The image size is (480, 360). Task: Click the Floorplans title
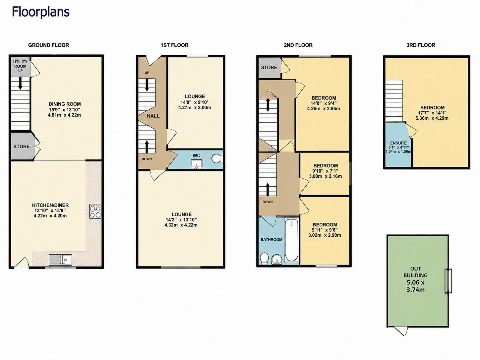pyautogui.click(x=41, y=12)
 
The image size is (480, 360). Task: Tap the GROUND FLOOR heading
pyautogui.click(x=48, y=45)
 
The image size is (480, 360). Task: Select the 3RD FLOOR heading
pyautogui.click(x=421, y=45)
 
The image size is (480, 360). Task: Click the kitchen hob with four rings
pyautogui.click(x=95, y=211)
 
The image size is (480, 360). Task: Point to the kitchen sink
pyautogui.click(x=61, y=260)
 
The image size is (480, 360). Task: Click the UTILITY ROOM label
pyautogui.click(x=20, y=64)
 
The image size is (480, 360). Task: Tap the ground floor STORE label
pyautogui.click(x=22, y=147)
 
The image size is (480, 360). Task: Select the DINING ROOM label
pyautogui.click(x=65, y=104)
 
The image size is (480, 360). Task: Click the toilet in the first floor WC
pyautogui.click(x=217, y=158)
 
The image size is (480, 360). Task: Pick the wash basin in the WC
pyautogui.click(x=197, y=164)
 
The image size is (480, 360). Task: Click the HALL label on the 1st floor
pyautogui.click(x=153, y=116)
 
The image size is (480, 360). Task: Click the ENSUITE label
pyautogui.click(x=398, y=143)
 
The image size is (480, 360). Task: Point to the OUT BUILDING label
pyautogui.click(x=415, y=272)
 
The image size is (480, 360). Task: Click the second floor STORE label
pyautogui.click(x=269, y=68)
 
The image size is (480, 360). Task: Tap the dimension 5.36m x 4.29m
pyautogui.click(x=432, y=118)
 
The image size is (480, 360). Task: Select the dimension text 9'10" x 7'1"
pyautogui.click(x=326, y=171)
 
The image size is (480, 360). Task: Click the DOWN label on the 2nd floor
pyautogui.click(x=268, y=202)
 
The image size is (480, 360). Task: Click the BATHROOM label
pyautogui.click(x=271, y=240)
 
